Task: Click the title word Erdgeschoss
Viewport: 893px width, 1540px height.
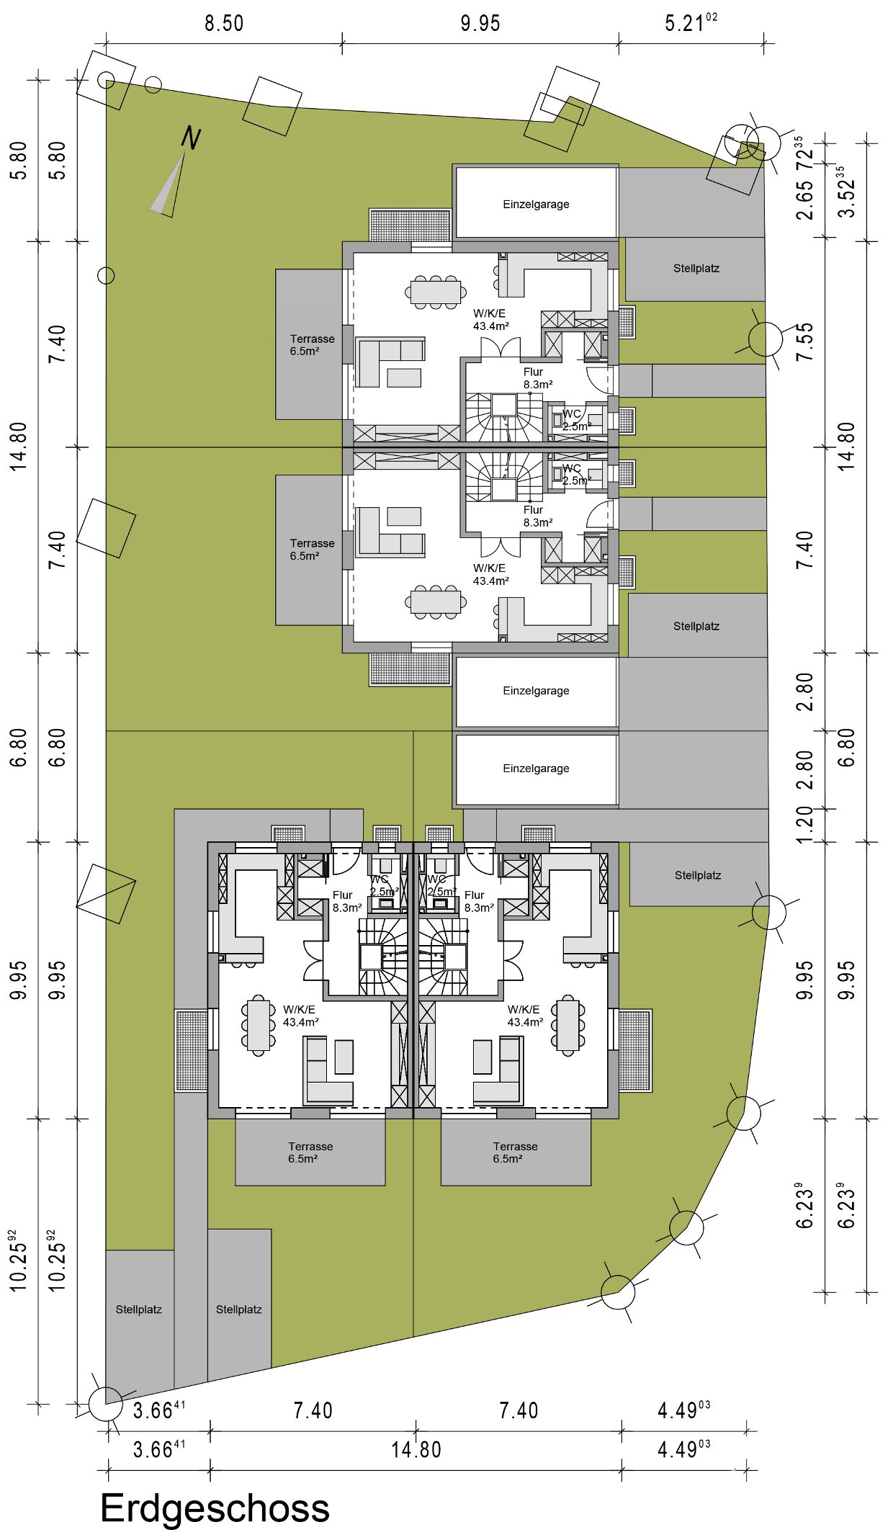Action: pyautogui.click(x=215, y=1508)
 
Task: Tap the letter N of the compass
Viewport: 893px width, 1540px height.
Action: pyautogui.click(x=191, y=138)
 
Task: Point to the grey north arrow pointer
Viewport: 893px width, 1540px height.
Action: pyautogui.click(x=169, y=186)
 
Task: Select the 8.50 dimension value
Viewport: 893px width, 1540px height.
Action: pyautogui.click(x=224, y=23)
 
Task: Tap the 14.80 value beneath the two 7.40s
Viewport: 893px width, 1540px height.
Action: pyautogui.click(x=416, y=1449)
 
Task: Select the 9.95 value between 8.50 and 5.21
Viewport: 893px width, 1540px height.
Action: pyautogui.click(x=480, y=23)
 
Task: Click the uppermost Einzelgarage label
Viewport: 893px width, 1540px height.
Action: pyautogui.click(x=536, y=204)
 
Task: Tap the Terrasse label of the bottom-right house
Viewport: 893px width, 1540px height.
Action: pyautogui.click(x=516, y=1146)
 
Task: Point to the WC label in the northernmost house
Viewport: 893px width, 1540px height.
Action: pyautogui.click(x=572, y=413)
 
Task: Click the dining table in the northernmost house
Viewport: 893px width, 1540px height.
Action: pyautogui.click(x=435, y=292)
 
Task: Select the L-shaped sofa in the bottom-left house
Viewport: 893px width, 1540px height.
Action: pyautogui.click(x=329, y=1070)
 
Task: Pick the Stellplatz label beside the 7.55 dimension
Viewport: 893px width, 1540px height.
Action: pyautogui.click(x=696, y=268)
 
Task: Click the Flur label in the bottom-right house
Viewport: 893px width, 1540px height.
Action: pyautogui.click(x=475, y=895)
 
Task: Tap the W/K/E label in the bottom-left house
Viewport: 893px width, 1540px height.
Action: pyautogui.click(x=299, y=1009)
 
